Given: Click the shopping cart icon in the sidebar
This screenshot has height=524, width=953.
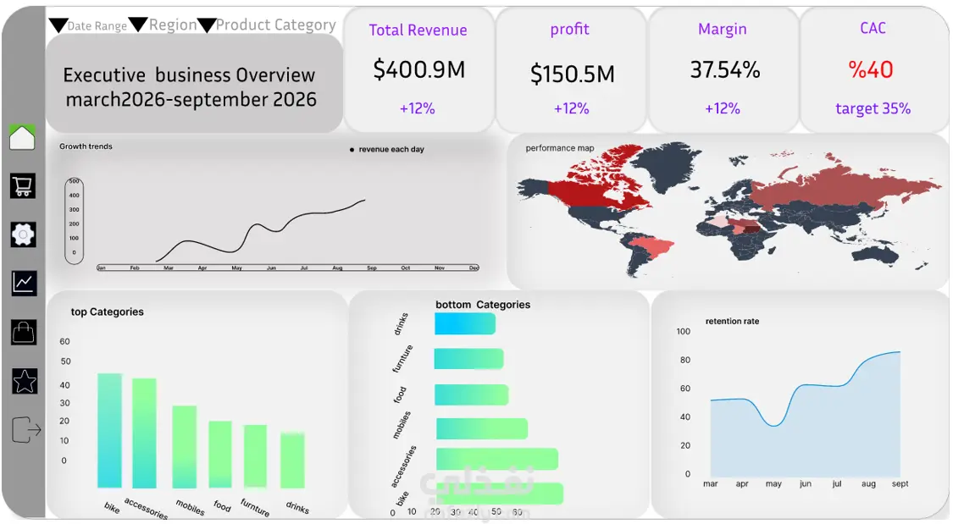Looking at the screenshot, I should (x=22, y=185).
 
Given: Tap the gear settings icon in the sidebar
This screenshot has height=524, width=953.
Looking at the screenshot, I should (x=23, y=234).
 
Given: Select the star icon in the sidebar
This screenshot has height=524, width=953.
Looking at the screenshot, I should (x=25, y=381).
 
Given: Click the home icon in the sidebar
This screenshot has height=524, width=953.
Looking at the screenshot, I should (x=22, y=137).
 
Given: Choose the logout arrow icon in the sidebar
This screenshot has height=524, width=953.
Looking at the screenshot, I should (x=26, y=430).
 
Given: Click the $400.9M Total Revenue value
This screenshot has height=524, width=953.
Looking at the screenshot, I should (x=418, y=69).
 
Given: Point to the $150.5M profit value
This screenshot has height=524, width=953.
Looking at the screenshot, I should (x=572, y=74).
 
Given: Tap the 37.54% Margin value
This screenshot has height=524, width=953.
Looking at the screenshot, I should (x=724, y=69).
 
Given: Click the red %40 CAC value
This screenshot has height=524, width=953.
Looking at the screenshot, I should (x=872, y=69).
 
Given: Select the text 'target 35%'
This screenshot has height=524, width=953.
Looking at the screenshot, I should (x=873, y=108).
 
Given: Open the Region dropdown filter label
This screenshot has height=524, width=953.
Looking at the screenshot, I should (x=173, y=25).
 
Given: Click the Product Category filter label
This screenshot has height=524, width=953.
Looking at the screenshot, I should (x=275, y=25).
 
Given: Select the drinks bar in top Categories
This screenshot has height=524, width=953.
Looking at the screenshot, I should (x=293, y=460).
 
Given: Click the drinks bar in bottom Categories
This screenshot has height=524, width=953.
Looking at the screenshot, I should (x=464, y=323).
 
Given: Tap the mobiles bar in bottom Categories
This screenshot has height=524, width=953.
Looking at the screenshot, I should (x=481, y=428).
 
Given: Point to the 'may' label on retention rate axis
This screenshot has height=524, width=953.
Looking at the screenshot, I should (x=773, y=484).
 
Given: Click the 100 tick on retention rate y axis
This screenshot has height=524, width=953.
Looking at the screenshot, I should (x=684, y=331).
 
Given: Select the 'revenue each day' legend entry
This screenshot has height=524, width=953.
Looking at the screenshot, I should (x=391, y=150).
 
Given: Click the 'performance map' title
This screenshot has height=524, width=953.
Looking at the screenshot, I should (x=559, y=148).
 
